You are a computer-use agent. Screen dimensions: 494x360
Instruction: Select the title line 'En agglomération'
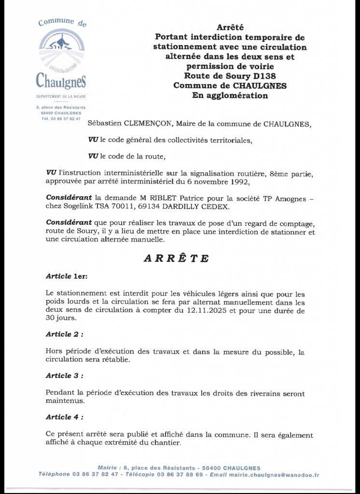click(230, 96)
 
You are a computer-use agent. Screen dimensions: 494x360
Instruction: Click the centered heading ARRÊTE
click(176, 259)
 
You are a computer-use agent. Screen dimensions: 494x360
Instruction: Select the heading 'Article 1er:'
click(67, 276)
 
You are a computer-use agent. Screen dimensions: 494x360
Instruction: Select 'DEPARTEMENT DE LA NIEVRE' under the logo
click(61, 96)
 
